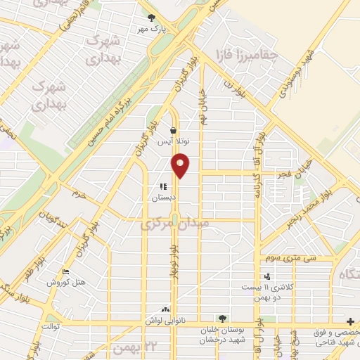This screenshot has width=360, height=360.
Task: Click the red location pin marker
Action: pos(181,165)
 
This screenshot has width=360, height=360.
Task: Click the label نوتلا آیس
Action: pos(174,141)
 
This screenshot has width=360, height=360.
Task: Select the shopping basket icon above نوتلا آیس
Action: pos(174,130)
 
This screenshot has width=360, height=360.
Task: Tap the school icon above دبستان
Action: pos(164,187)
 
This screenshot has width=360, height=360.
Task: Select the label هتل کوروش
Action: pos(66,283)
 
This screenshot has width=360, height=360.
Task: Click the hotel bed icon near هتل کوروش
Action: pos(66,272)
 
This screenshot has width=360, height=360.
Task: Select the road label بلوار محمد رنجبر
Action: pos(308,210)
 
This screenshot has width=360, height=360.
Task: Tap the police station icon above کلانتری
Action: pos(266,276)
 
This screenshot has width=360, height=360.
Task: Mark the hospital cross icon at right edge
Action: pos(352,321)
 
